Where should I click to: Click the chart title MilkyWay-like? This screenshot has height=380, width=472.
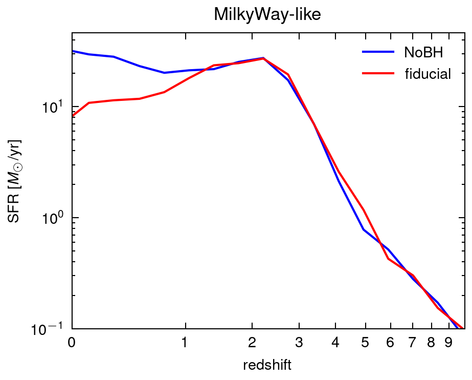tap(267, 15)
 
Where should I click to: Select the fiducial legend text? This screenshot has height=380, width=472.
tap(428, 74)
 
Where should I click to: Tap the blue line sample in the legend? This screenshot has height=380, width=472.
tap(378, 52)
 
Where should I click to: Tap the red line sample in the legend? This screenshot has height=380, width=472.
tap(378, 74)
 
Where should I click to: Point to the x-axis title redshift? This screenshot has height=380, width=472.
tap(267, 365)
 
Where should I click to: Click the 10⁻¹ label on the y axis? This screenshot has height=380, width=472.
tap(54, 329)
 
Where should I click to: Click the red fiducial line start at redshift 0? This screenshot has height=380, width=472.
tap(73, 116)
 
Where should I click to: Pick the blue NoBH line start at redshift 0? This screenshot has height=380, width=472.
tap(73, 51)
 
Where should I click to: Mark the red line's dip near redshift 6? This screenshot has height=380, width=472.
tap(389, 259)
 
